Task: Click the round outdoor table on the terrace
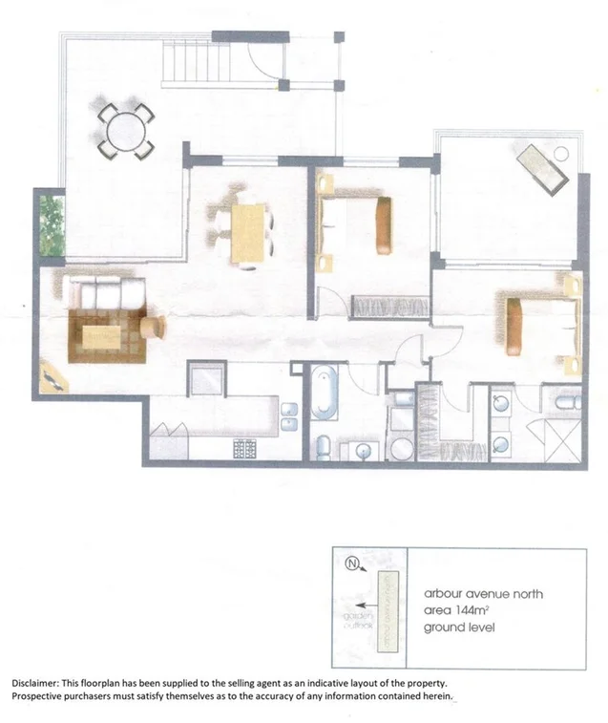pos(123,133)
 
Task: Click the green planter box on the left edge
pos(52,226)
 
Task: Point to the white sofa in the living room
pos(109,295)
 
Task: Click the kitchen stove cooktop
pos(245,447)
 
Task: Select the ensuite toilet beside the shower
pos(564,401)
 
